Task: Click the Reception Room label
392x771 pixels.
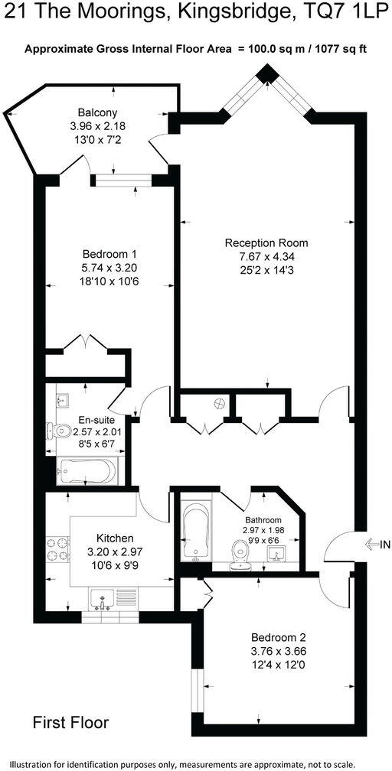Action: [x=266, y=243]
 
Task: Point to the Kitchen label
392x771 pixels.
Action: [x=115, y=538]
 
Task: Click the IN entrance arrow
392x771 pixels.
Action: [x=377, y=545]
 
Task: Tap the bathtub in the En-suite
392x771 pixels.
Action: [x=87, y=471]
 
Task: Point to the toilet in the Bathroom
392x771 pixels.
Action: [x=240, y=549]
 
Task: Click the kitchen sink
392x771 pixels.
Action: [x=103, y=597]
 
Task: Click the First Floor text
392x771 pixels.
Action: [x=70, y=722]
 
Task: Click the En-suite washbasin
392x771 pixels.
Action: [x=63, y=400]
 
